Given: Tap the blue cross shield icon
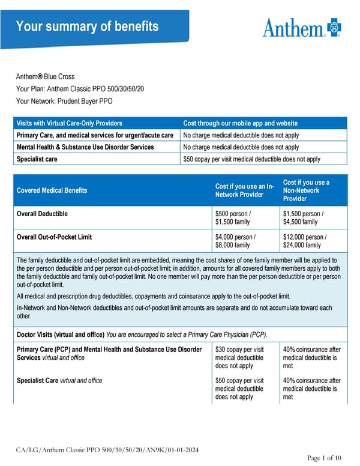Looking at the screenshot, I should pos(334,27).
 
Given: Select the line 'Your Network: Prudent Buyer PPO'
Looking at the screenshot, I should pos(64,101).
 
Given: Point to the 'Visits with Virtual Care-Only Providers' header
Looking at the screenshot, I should pos(70,123).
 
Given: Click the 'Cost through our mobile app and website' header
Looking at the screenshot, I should pos(240,123).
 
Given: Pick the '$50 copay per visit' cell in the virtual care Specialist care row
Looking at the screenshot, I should pos(251,159).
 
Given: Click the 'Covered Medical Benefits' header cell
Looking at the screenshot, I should pos(52,190).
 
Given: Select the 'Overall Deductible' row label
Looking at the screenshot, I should pos(42,213).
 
